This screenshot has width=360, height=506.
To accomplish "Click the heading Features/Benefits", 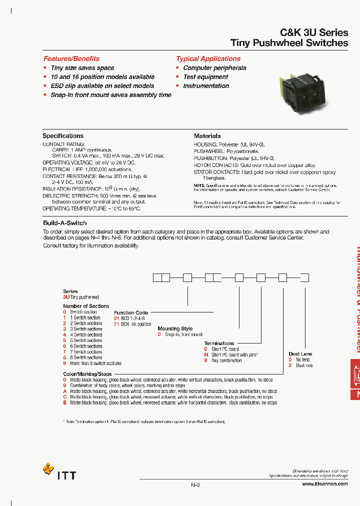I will (x=71, y=58).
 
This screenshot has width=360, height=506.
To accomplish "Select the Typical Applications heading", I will (x=208, y=58).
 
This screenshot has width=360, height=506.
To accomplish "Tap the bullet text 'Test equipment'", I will (x=205, y=77).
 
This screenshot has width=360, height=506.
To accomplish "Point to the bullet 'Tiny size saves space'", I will (x=82, y=68).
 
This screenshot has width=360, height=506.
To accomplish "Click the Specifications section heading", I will (x=63, y=135).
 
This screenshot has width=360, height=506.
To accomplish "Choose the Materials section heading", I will (x=207, y=135).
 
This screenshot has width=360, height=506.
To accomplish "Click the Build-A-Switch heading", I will (x=65, y=223).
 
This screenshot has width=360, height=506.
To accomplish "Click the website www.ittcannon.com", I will (x=325, y=484).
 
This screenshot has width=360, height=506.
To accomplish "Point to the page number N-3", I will (x=195, y=485).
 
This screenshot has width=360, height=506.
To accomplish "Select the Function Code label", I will (x=131, y=312).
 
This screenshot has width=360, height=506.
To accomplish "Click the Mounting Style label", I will (x=175, y=328).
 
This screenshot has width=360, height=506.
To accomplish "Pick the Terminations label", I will (x=219, y=343).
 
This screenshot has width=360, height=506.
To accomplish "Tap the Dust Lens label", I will (x=300, y=354).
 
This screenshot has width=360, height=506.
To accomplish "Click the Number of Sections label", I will (x=86, y=306).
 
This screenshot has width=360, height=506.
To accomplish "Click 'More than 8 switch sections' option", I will (x=95, y=363).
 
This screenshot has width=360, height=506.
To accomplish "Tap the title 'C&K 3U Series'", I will (x=314, y=32).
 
